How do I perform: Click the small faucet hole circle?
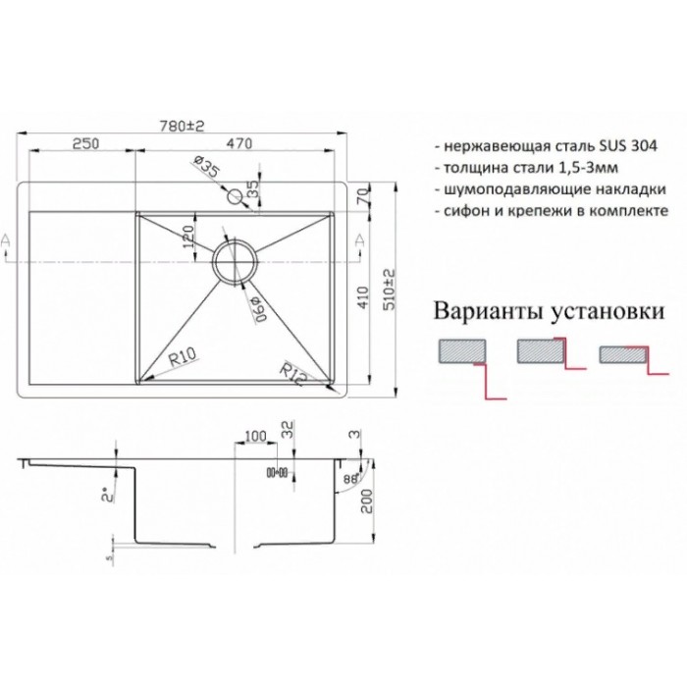coord(238,195)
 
